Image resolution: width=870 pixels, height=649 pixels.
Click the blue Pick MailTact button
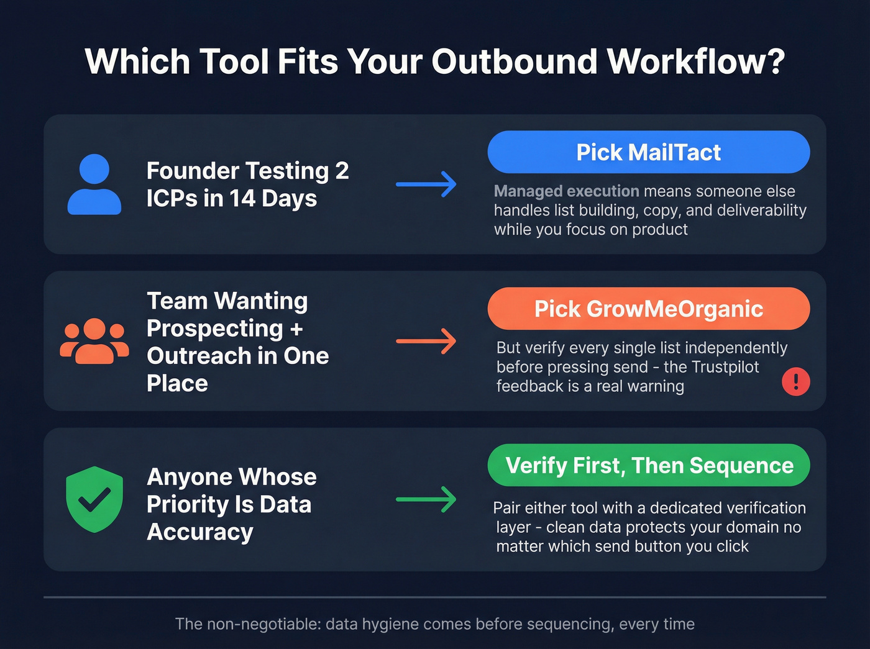648,152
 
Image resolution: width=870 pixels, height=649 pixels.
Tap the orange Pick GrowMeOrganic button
648,309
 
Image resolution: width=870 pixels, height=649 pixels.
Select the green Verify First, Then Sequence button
648,465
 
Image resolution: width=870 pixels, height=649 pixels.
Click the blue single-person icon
94,185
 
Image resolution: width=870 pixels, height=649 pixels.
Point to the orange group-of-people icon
94,341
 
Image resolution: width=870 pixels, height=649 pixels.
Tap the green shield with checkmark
94,499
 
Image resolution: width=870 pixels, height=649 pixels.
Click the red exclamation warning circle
795,381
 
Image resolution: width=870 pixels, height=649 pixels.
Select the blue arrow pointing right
426,184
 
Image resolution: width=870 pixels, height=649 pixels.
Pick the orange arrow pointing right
426,341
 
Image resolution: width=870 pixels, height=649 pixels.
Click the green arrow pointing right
426,499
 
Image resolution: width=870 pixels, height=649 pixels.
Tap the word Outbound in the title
515,62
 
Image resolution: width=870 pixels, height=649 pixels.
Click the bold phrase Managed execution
566,191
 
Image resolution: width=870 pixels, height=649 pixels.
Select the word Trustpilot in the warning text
726,367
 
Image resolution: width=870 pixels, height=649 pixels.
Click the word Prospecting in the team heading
215,328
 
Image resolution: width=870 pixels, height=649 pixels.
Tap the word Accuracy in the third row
200,532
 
